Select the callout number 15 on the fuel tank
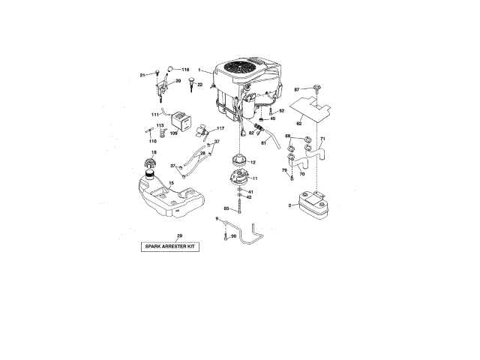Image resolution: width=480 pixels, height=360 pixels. pos(171,182)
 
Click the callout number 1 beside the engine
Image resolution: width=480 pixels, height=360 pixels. pos(199,70)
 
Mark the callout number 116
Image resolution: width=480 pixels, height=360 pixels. pos(185,69)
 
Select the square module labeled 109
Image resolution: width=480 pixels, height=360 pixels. pos(181,119)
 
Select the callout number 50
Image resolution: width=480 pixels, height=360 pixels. pos(234,236)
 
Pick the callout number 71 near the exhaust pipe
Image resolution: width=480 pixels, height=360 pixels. pos(322,139)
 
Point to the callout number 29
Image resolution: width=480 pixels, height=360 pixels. pos(179,236)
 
